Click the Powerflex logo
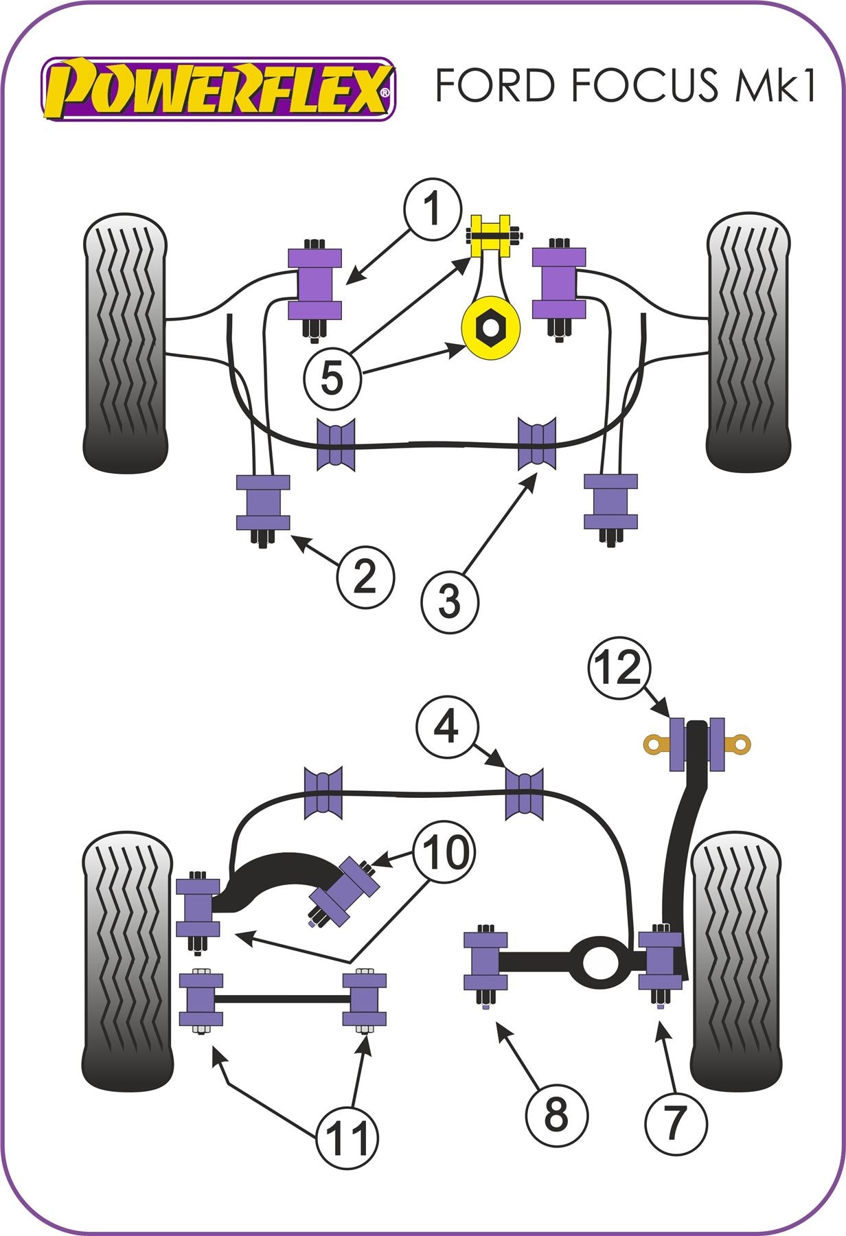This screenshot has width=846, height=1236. (x=218, y=89)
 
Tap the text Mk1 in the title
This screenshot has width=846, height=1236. (x=776, y=85)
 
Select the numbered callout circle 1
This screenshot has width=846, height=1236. (x=432, y=209)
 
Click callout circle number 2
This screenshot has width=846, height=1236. (x=365, y=577)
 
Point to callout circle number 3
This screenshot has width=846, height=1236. (x=450, y=602)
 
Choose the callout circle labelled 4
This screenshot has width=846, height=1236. (x=446, y=726)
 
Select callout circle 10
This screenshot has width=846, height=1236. (x=444, y=853)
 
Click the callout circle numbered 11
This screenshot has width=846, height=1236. (x=347, y=1138)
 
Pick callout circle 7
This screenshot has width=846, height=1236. (x=675, y=1122)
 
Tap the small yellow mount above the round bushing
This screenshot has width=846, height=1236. (x=490, y=236)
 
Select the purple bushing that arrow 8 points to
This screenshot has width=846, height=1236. (x=485, y=961)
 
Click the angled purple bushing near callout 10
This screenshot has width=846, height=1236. (x=345, y=891)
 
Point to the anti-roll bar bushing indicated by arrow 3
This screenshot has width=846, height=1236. (x=537, y=444)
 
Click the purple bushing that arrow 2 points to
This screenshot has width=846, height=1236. (x=263, y=503)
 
